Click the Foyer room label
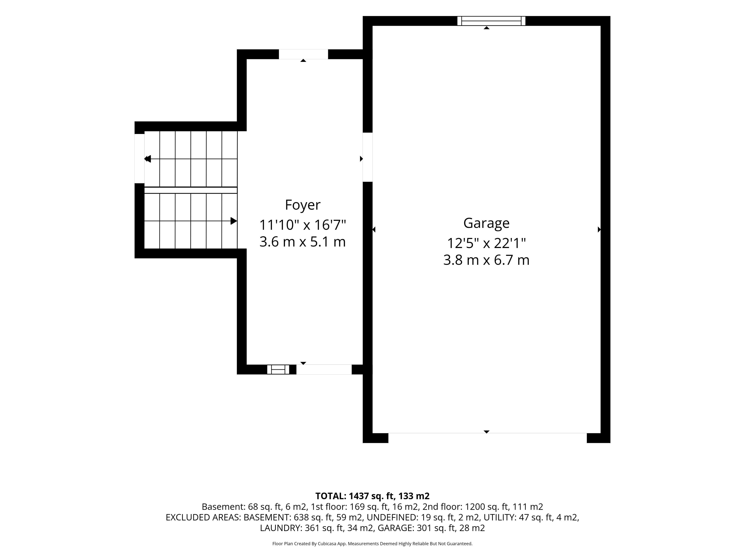302,205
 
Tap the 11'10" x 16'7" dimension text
302,225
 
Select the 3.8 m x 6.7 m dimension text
486,260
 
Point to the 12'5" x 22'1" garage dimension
486,243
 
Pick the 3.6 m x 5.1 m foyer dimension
302,242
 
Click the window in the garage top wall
491,21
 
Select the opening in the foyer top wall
303,54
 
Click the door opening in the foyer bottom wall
324,369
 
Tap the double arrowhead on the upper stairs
147,159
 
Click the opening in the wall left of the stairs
139,159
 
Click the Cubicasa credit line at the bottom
372,543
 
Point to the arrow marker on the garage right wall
599,229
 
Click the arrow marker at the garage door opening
486,432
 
